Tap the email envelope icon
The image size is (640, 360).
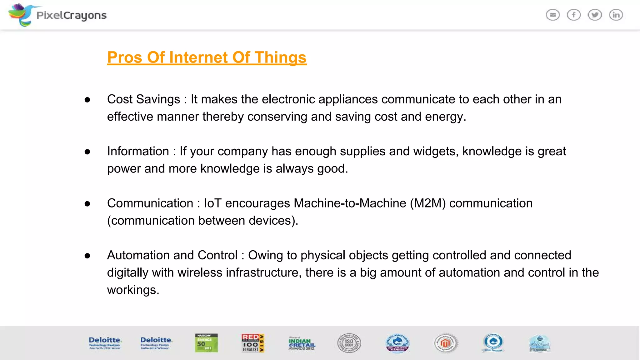(x=552, y=15)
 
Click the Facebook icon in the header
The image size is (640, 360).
(x=574, y=15)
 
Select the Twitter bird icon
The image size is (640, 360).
(x=595, y=15)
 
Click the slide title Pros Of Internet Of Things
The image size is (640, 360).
(x=207, y=57)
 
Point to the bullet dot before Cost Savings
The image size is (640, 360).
(x=87, y=100)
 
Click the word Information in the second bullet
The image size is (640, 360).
(x=138, y=152)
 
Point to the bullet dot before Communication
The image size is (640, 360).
(x=87, y=204)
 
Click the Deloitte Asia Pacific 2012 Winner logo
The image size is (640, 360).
(x=105, y=343)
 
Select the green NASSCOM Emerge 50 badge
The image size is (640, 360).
(x=206, y=343)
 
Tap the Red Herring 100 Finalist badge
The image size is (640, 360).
(x=252, y=343)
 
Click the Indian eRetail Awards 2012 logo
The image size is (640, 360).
(x=302, y=343)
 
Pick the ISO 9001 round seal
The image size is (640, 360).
(x=349, y=343)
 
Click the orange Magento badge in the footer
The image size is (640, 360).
(x=446, y=343)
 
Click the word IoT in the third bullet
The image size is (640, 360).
(x=212, y=203)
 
